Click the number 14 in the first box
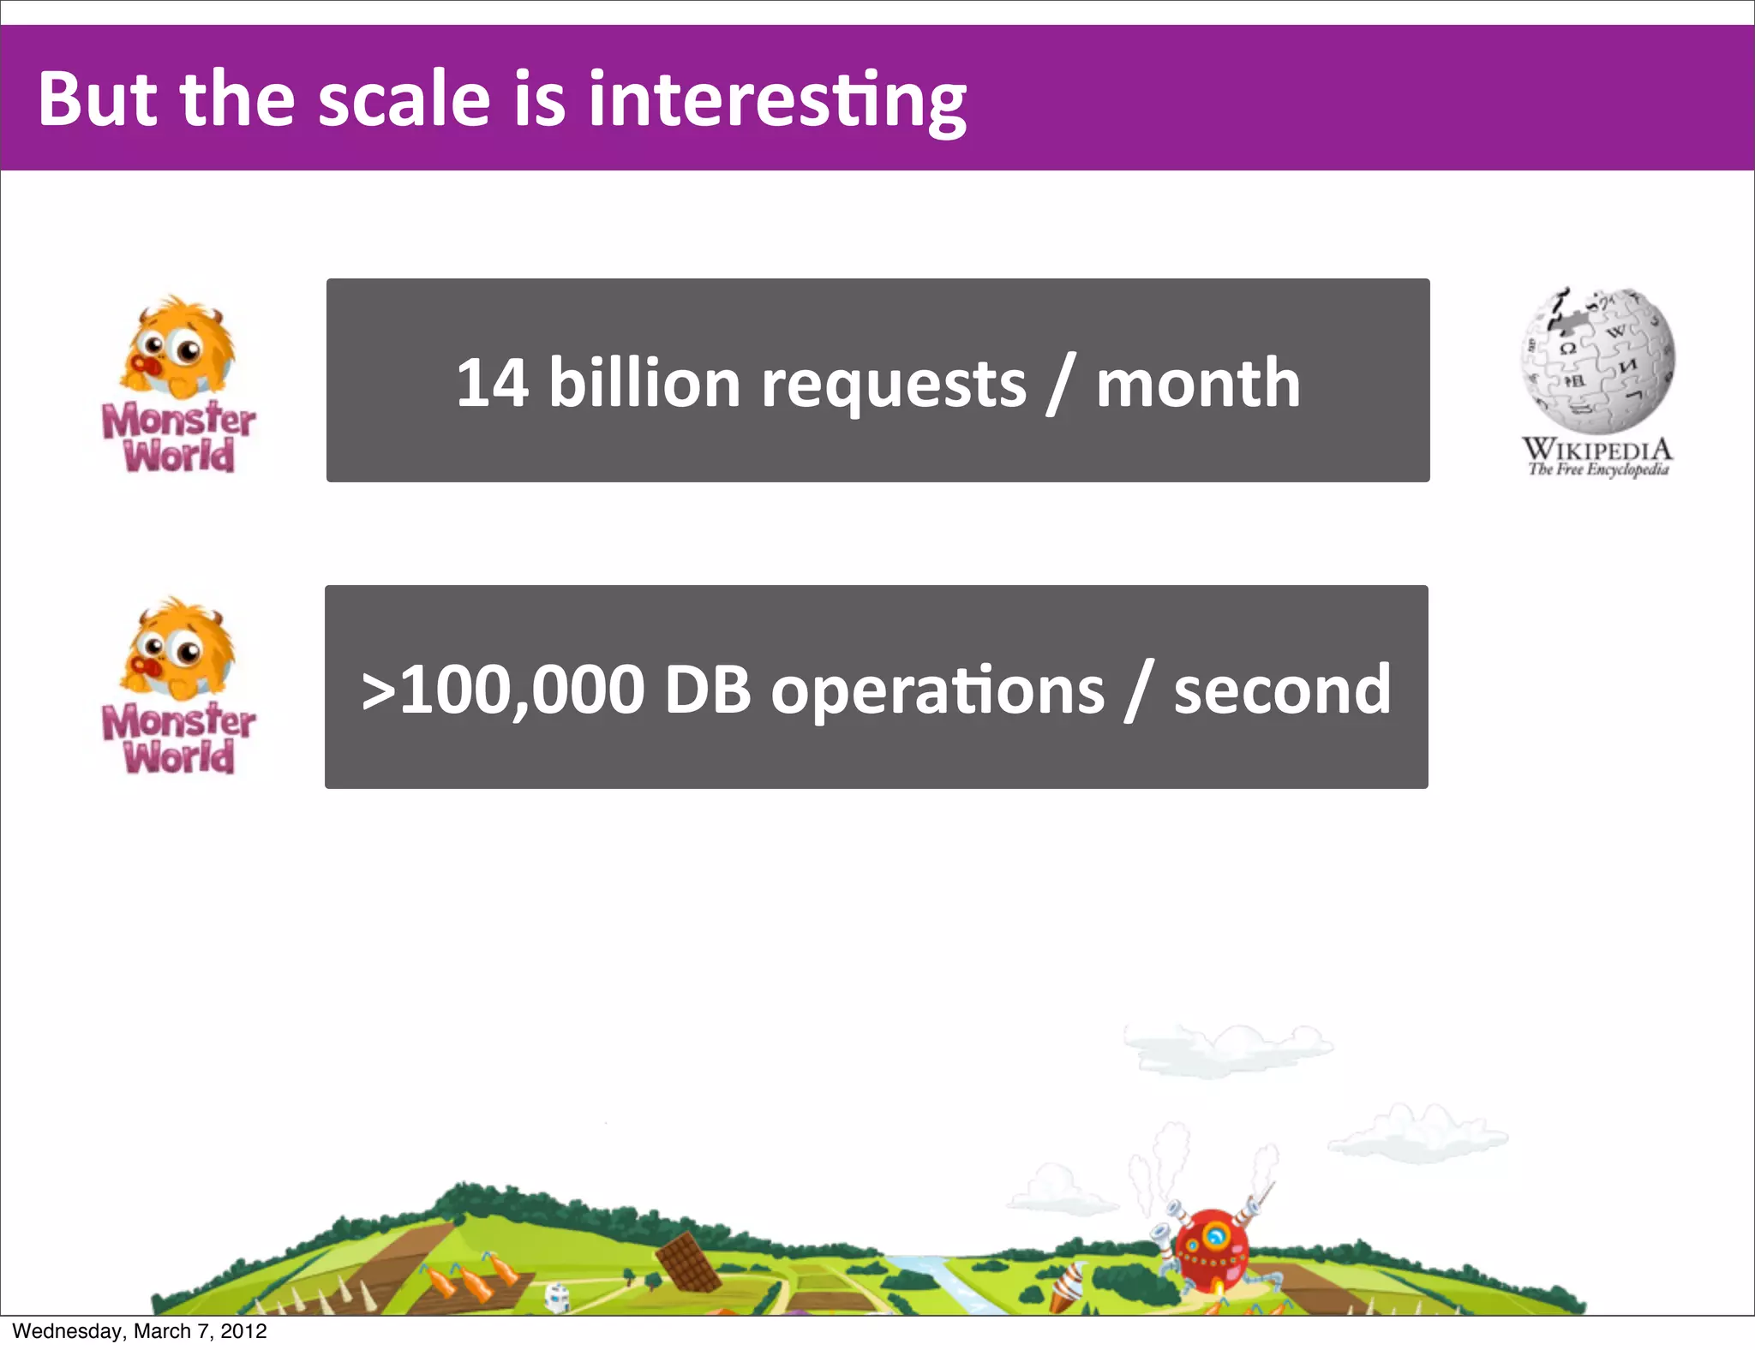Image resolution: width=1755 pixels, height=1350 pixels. [x=491, y=382]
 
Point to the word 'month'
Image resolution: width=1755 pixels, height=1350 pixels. [x=1198, y=382]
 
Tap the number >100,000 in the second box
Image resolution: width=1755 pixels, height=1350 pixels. [x=503, y=690]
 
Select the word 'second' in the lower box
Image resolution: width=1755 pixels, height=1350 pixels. [x=1282, y=690]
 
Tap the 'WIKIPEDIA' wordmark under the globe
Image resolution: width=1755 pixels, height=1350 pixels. [x=1597, y=449]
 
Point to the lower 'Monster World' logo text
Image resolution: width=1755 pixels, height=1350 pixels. [x=178, y=738]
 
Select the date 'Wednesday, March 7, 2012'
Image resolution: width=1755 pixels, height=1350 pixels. [x=140, y=1331]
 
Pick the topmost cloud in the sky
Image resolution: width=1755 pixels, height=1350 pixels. [x=1227, y=1047]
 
